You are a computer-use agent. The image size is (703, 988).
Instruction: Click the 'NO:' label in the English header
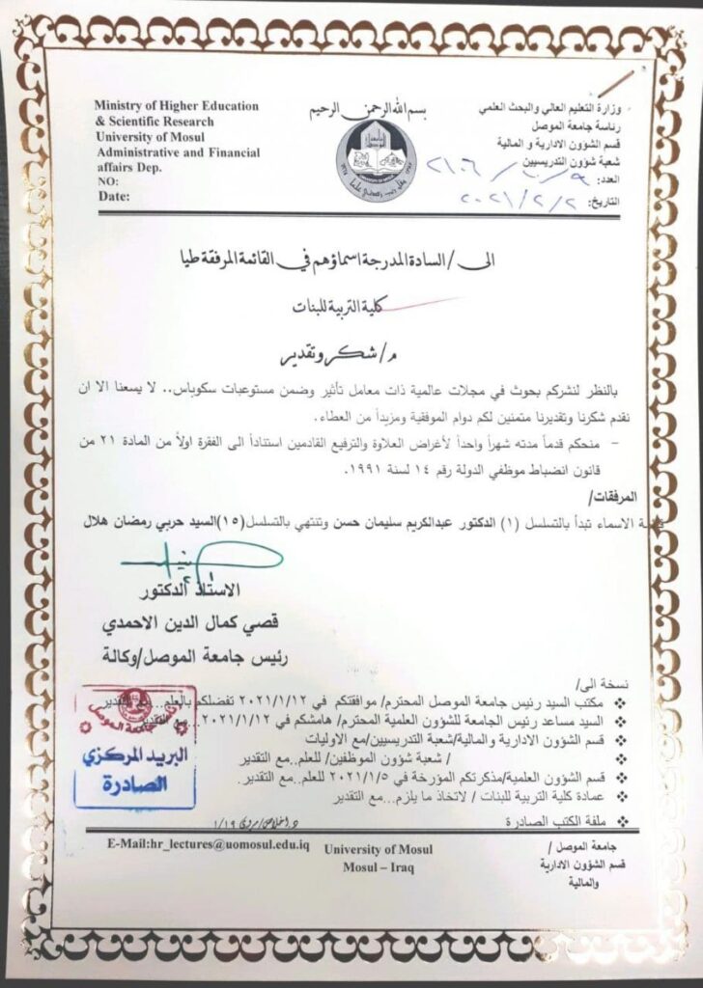109,180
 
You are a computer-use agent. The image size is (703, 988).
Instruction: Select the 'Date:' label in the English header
114,196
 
